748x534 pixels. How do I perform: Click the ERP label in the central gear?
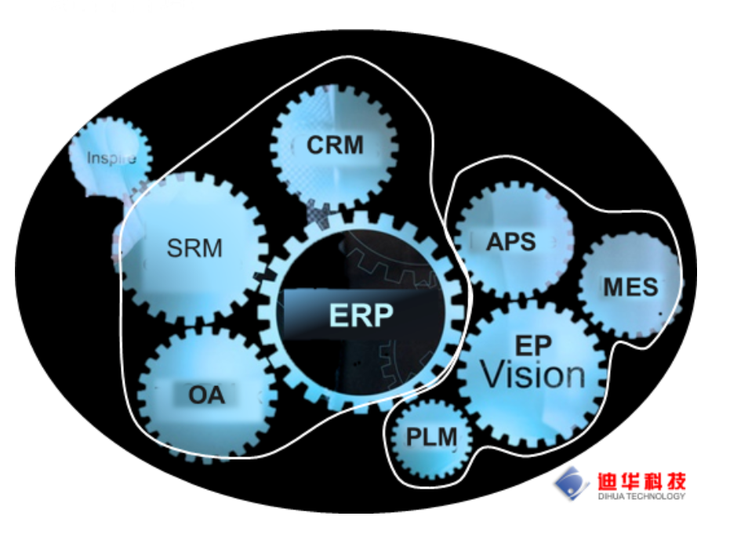coord(361,315)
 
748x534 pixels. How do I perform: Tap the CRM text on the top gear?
coord(335,146)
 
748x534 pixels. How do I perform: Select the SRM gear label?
coord(194,248)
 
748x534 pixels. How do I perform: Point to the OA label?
coord(206,395)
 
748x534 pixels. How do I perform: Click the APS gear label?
coord(511,242)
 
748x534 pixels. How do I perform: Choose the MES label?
coord(630,287)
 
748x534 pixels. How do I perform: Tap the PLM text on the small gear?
coord(431,437)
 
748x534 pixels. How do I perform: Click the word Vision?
coord(533,374)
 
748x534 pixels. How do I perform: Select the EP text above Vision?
coord(533,346)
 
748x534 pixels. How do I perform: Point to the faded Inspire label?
coord(111,157)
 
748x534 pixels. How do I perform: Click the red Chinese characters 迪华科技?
coord(641,482)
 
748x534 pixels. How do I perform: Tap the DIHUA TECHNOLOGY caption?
coord(641,496)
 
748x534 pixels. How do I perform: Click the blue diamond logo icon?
coord(572,483)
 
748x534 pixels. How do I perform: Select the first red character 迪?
coord(608,482)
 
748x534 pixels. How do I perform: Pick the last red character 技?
coord(676,482)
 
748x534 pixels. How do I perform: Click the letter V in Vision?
coord(493,374)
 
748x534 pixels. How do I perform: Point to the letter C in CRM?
coord(315,146)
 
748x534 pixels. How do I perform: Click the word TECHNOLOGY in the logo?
coord(655,496)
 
